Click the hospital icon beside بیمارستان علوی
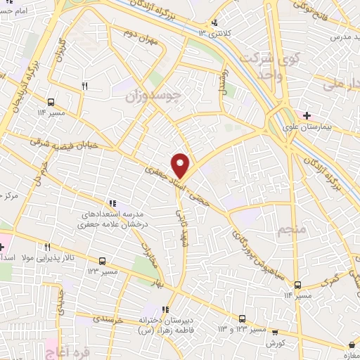pos(307,115)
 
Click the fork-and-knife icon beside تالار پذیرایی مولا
pos(47,247)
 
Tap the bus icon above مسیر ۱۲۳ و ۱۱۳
pos(243,318)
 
